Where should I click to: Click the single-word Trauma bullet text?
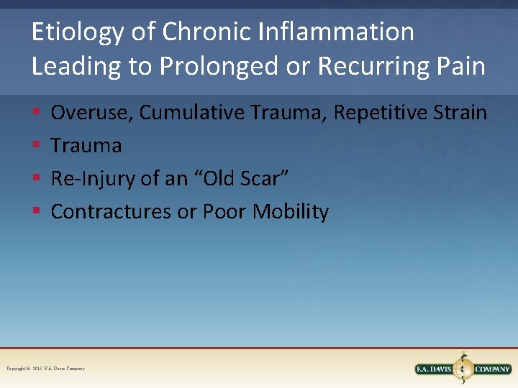[x=86, y=146]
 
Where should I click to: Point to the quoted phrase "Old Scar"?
[x=240, y=179]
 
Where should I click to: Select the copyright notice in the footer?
[x=45, y=369]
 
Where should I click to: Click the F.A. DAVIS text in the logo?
[x=436, y=369]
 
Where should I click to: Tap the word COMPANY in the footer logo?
[x=493, y=369]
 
